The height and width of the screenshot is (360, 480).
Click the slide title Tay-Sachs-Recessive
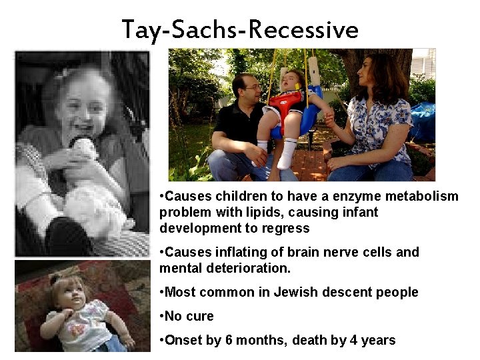240,29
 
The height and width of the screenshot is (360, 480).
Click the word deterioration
245,268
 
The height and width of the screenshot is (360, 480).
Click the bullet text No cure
191,316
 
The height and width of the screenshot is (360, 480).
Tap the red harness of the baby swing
285,107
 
